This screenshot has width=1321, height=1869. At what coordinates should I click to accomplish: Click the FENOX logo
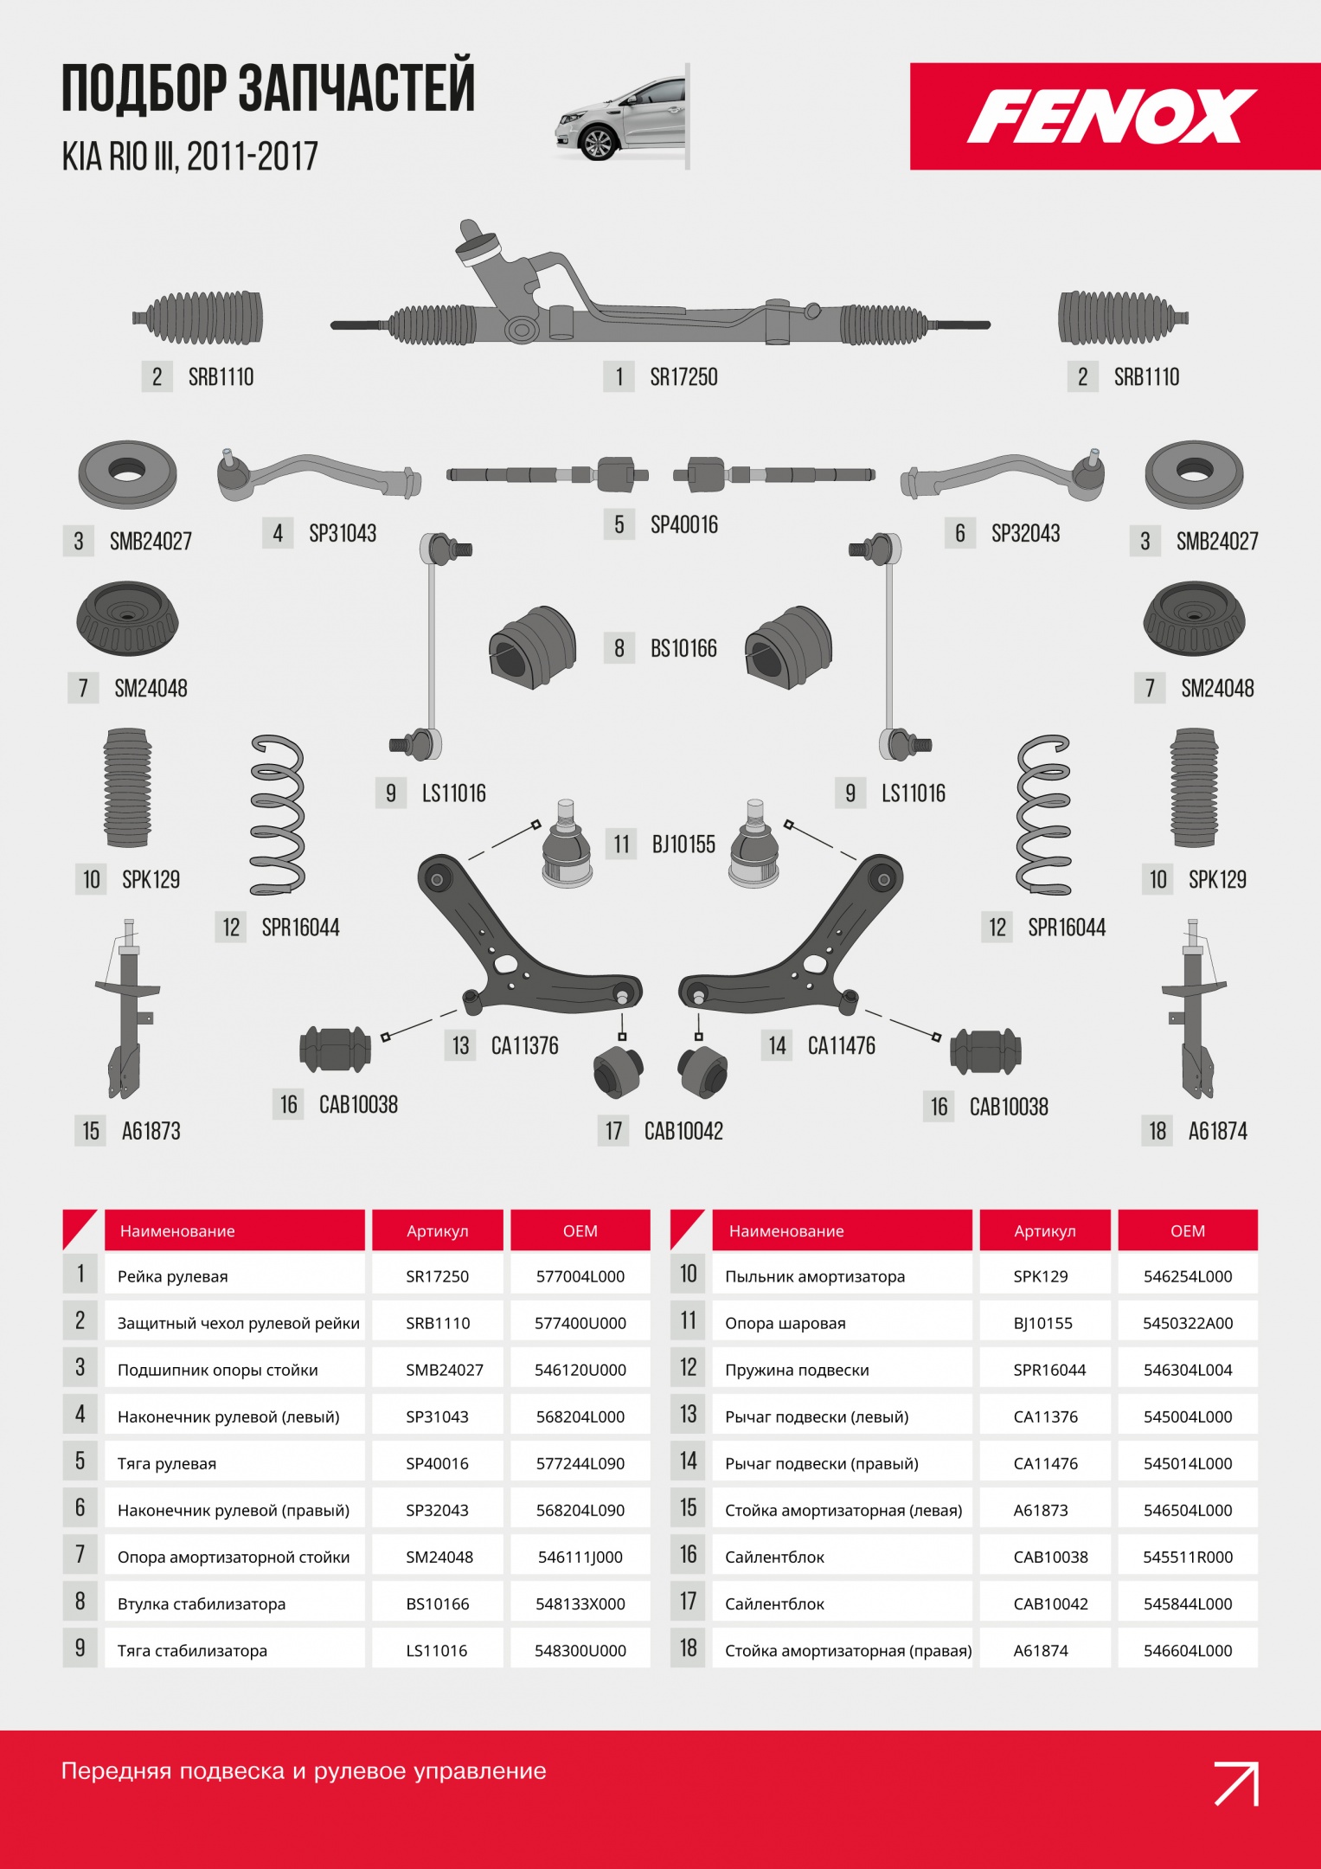1112,116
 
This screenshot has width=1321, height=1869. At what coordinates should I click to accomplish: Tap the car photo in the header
621,117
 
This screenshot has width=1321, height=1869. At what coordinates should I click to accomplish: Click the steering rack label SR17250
683,377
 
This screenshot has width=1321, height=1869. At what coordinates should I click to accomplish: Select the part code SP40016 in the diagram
683,524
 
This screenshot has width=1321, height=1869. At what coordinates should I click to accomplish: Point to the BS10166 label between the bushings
683,648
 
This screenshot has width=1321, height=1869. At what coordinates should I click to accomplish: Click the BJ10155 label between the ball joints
683,844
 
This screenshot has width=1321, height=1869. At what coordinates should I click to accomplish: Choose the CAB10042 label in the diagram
683,1131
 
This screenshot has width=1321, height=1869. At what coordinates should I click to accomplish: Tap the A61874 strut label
1217,1131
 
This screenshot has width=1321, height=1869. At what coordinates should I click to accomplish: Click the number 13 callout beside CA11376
460,1045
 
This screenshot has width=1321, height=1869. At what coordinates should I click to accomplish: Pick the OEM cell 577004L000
580,1276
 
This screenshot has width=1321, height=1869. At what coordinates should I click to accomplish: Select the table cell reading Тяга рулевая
167,1463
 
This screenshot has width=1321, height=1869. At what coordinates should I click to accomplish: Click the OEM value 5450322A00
1188,1323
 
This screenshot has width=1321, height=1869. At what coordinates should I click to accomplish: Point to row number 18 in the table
688,1648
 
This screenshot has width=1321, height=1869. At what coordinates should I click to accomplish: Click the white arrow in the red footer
1236,1783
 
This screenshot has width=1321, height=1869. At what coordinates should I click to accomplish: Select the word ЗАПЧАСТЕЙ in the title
356,87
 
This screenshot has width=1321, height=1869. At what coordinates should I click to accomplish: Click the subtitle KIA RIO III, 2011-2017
189,157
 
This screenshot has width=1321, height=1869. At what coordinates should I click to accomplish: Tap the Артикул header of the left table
438,1230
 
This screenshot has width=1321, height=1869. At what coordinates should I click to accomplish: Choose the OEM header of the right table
1188,1230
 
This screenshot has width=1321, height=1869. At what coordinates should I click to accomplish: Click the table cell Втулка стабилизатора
202,1603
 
